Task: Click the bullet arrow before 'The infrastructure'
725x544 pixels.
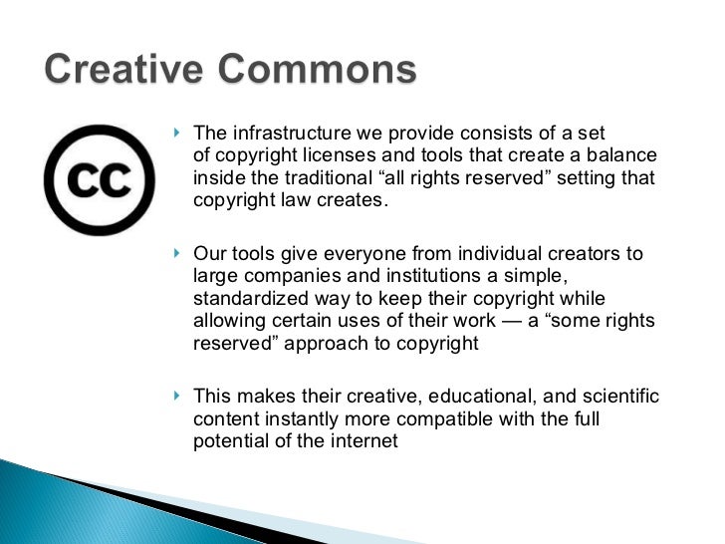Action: [177, 133]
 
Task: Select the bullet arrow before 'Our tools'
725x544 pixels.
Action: [177, 253]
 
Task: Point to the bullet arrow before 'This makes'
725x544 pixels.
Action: [177, 396]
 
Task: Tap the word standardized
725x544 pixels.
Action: [244, 299]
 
